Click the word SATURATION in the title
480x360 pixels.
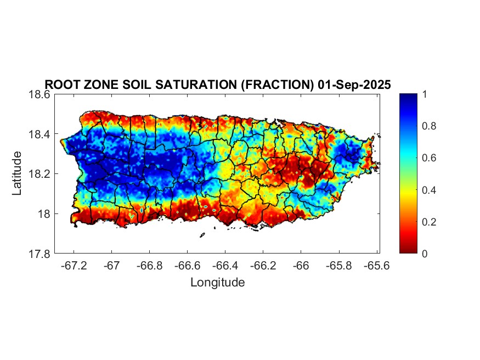196,85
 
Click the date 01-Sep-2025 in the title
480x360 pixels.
354,85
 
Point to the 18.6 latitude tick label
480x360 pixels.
39,94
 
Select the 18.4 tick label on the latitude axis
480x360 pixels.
39,134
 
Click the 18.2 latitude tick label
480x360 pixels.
39,174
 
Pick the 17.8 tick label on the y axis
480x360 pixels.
39,254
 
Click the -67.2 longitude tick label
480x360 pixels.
74,266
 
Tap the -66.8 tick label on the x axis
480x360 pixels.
149,266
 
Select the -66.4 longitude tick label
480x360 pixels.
225,266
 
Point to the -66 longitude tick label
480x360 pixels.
301,266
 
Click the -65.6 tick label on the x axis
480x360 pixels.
376,266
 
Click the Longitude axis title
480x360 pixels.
218,282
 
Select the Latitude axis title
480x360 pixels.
17,173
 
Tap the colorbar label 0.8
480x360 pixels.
429,126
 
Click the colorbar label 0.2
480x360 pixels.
429,222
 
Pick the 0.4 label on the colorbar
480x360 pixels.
429,190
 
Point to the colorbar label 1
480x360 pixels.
424,94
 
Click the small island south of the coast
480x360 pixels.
202,235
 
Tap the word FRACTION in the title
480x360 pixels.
278,85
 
